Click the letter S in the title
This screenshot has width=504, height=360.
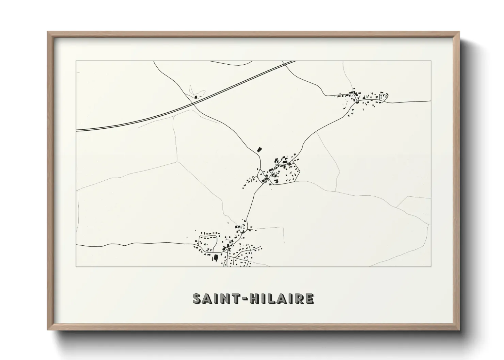(x=198, y=298)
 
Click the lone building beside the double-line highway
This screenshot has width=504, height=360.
(x=196, y=97)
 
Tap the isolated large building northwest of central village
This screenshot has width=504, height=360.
(x=259, y=149)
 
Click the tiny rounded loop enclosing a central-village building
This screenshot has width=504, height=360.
(x=272, y=175)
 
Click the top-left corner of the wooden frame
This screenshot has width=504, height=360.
(x=48, y=32)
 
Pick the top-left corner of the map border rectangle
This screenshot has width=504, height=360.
(x=76, y=61)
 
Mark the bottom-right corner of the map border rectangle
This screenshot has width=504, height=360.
(x=431, y=267)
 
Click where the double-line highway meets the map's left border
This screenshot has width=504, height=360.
(x=76, y=130)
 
